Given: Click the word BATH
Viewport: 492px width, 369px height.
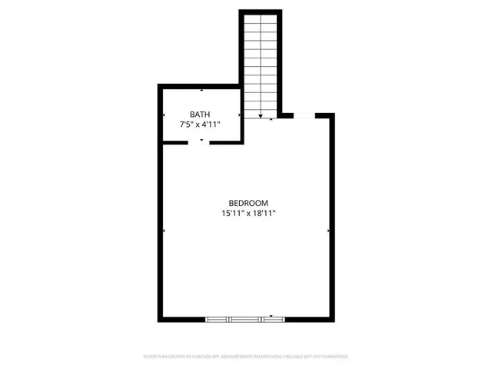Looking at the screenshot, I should pyautogui.click(x=201, y=114).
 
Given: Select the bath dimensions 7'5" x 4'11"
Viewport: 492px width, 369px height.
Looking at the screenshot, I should pyautogui.click(x=201, y=123).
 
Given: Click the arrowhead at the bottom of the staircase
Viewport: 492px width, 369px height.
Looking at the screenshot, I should pyautogui.click(x=261, y=117).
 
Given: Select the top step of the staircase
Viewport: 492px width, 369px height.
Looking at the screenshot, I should pyautogui.click(x=261, y=18).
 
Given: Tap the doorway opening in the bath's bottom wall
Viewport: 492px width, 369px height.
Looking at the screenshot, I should pyautogui.click(x=201, y=142).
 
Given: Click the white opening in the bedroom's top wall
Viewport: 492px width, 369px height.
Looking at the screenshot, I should pyautogui.click(x=304, y=116).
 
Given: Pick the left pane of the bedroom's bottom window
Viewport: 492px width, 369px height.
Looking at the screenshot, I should pyautogui.click(x=218, y=318).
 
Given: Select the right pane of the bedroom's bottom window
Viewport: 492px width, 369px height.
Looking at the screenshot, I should pyautogui.click(x=274, y=318).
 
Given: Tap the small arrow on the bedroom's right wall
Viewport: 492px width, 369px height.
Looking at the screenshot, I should pyautogui.click(x=329, y=230).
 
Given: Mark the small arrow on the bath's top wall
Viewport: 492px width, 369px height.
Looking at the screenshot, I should pyautogui.click(x=201, y=91).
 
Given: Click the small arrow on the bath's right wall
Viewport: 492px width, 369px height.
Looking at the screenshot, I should pyautogui.click(x=240, y=116).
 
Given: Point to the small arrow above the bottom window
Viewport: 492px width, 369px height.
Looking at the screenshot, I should pyautogui.click(x=271, y=314).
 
